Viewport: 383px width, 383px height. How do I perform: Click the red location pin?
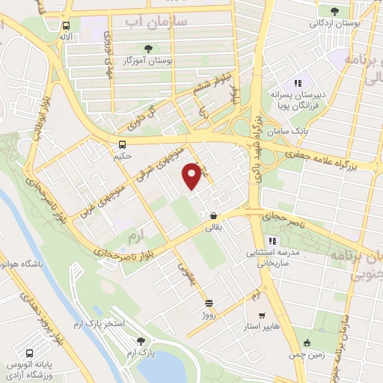pos(193,176)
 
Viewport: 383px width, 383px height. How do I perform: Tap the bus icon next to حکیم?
pos(122,144)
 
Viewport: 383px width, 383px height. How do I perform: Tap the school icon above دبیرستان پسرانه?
pos(297,84)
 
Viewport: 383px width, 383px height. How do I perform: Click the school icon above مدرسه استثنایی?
pos(273,240)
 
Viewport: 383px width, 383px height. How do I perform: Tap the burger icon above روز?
pos(209,303)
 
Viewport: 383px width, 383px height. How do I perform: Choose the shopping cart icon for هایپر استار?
pos(261,316)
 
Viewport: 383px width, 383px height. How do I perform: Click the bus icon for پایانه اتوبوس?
pos(29,353)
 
